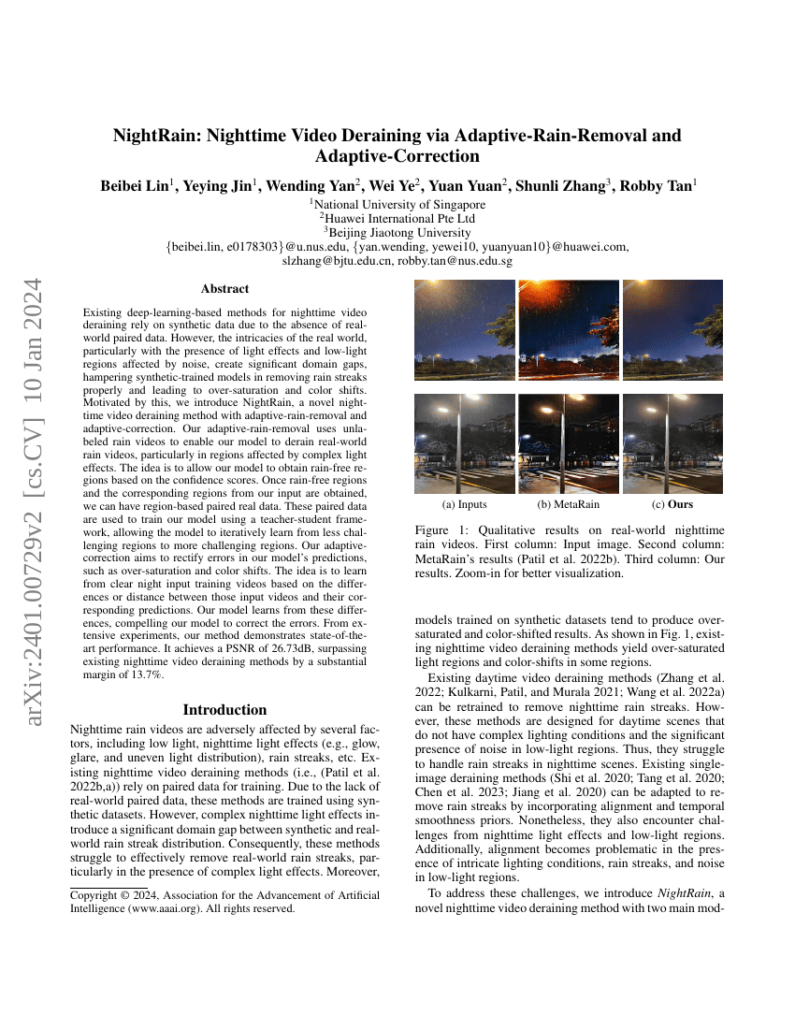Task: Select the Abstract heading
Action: [224, 289]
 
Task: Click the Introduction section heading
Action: [224, 710]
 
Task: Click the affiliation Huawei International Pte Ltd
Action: [397, 218]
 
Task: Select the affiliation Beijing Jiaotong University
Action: [397, 232]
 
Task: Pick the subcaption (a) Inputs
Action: [464, 505]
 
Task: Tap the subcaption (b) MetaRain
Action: [568, 505]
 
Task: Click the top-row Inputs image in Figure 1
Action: [465, 330]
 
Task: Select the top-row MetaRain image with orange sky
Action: [569, 330]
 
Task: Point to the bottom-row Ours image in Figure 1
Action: [672, 442]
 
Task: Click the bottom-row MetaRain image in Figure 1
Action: [569, 442]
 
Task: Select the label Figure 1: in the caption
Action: [441, 529]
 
